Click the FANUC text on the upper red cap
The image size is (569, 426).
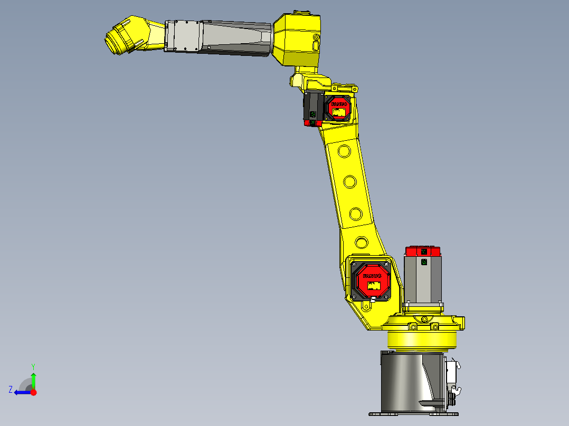click(x=339, y=104)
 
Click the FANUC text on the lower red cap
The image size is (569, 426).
click(x=372, y=276)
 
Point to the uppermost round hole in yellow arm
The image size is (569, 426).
click(x=344, y=152)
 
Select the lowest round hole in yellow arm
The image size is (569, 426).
click(x=362, y=243)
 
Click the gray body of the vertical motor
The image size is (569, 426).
click(x=422, y=279)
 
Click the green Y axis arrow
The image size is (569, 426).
click(x=33, y=379)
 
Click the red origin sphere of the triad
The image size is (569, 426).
click(x=34, y=392)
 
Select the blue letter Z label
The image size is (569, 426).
click(x=11, y=390)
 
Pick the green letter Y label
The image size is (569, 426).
click(x=33, y=366)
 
